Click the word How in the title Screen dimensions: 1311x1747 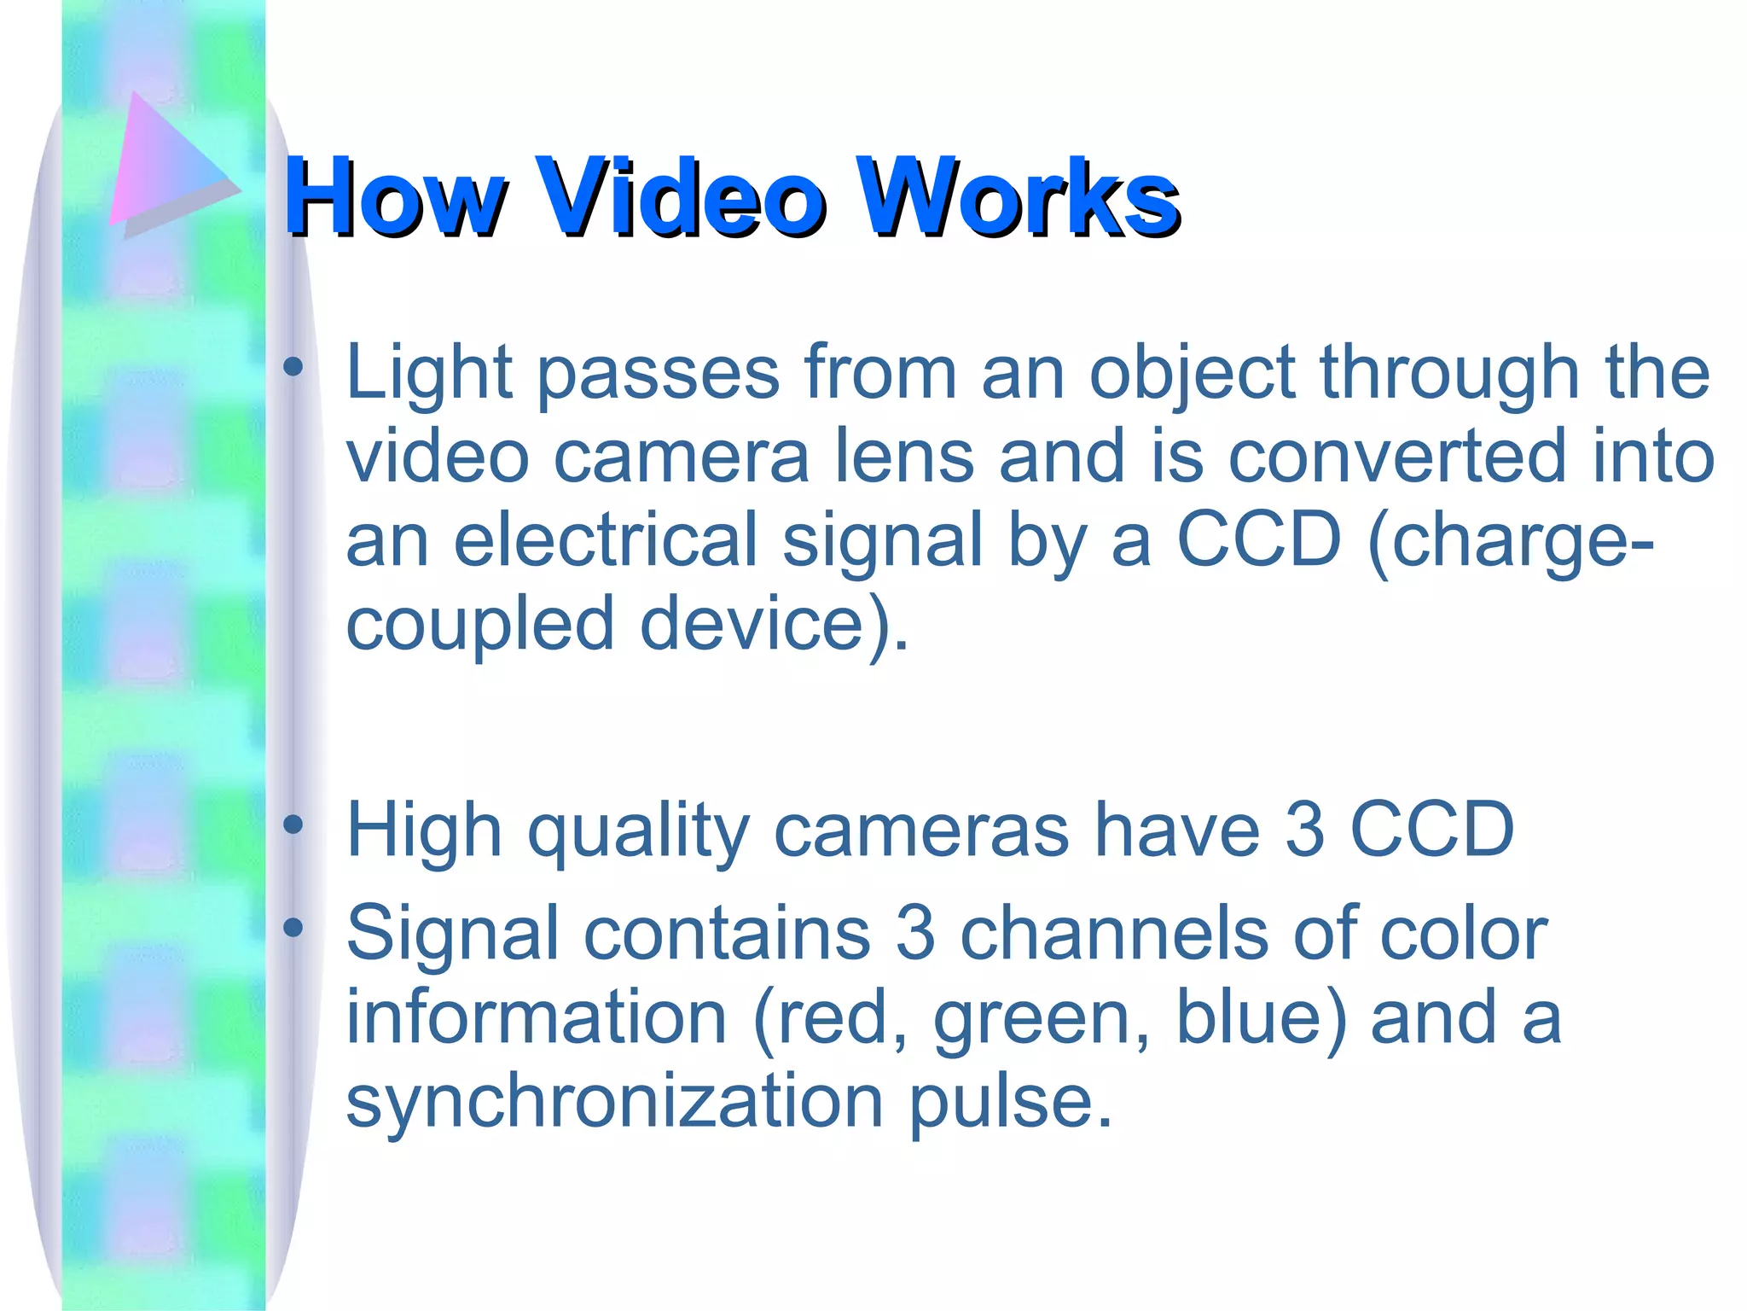pos(394,197)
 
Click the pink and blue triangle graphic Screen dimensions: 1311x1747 pos(166,166)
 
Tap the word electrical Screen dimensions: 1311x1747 pos(605,540)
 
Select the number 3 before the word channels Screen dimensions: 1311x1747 pos(915,932)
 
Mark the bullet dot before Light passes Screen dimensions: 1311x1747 pos(293,367)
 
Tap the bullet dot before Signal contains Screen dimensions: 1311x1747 pos(293,927)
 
